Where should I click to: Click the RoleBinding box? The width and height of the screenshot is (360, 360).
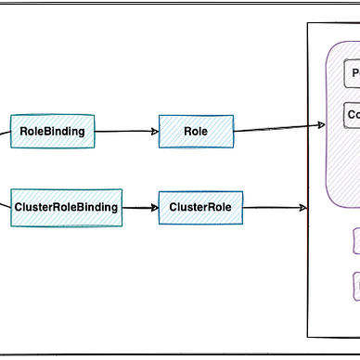(x=52, y=131)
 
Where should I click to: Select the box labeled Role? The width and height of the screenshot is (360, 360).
(x=196, y=131)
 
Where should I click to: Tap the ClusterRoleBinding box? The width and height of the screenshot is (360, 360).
(x=66, y=207)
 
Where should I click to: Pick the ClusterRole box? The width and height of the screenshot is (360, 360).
(x=200, y=207)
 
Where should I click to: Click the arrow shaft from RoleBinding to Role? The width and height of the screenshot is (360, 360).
(x=125, y=131)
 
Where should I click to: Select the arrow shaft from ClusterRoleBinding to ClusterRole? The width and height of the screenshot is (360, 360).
(x=139, y=207)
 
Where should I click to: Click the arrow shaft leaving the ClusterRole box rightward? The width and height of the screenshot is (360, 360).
(x=274, y=208)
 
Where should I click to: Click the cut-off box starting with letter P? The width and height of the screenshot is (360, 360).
(x=353, y=73)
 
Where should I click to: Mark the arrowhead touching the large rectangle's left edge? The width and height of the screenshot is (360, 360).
(x=302, y=208)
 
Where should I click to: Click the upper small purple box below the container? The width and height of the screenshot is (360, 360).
(x=356, y=241)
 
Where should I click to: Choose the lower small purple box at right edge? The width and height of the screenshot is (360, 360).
(x=356, y=285)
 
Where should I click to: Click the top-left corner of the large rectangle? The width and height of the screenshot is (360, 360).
(x=308, y=25)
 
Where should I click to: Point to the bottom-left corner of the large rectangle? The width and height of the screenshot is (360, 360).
(x=308, y=337)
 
